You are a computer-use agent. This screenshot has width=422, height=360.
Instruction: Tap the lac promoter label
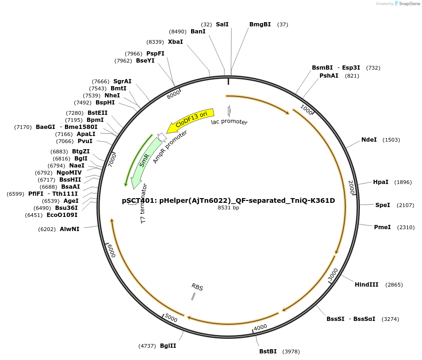(229, 122)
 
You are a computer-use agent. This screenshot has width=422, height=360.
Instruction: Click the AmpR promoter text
(170, 147)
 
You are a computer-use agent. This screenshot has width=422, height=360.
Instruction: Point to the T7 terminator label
(144, 203)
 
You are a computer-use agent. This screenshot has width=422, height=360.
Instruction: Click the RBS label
(197, 287)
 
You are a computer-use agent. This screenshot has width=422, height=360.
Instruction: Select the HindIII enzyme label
(366, 285)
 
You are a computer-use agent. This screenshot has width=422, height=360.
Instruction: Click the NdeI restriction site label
(369, 140)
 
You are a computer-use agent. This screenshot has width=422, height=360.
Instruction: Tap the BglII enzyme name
(168, 345)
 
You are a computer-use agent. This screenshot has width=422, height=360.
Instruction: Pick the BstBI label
(268, 352)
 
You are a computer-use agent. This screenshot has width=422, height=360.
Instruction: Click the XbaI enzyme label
(175, 42)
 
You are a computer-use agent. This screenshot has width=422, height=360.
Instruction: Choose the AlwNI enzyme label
(70, 229)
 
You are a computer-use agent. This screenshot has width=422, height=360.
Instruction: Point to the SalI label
(222, 24)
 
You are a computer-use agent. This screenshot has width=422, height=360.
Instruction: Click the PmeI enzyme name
(382, 227)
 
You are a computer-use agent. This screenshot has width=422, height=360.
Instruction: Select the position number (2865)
(394, 285)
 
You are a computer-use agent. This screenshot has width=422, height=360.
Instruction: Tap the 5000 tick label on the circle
(171, 319)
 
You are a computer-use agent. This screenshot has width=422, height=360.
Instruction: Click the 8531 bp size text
(228, 208)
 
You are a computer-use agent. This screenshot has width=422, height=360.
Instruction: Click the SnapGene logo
(407, 4)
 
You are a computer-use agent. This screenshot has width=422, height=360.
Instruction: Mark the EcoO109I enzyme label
(62, 215)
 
